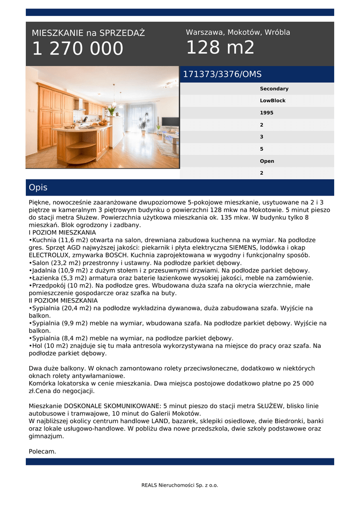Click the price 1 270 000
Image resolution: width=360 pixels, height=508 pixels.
coord(77,49)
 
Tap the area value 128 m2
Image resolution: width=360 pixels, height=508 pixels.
coord(220,48)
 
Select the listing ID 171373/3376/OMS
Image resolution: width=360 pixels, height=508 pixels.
coord(222,74)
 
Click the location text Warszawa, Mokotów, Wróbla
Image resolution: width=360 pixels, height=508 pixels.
coord(238,32)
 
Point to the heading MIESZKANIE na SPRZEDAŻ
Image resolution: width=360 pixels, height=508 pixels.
coord(88,33)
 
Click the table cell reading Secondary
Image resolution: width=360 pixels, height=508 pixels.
coord(274,89)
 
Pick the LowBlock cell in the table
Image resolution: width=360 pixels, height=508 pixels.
coord(273,101)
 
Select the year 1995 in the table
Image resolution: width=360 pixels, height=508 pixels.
coord(266,113)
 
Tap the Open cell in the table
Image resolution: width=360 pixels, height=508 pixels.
coord(267,161)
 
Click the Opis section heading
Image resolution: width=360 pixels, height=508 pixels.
coord(38,188)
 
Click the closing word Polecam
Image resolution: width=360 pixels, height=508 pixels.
coord(42,451)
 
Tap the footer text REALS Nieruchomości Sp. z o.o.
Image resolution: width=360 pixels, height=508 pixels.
coord(180,485)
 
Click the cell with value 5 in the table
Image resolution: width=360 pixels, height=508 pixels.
coord(262,149)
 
